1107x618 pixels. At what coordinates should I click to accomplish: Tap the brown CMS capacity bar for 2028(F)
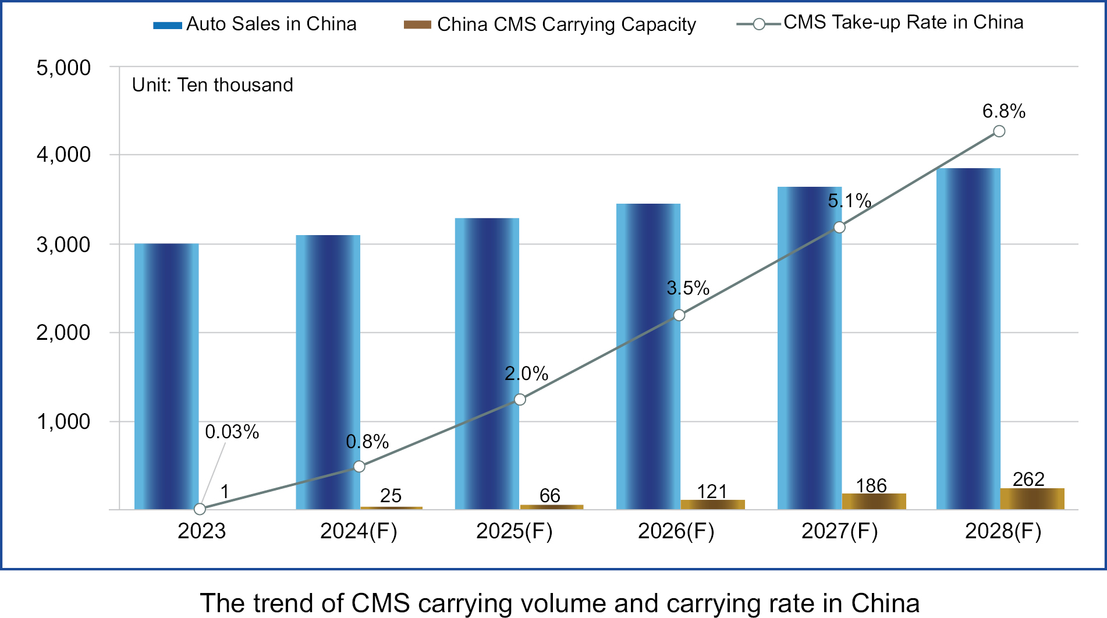coord(1032,499)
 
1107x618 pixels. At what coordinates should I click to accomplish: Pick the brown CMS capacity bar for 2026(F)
coord(712,505)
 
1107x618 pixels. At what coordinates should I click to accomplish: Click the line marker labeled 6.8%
coord(999,131)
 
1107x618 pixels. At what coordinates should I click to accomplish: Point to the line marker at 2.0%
coord(520,399)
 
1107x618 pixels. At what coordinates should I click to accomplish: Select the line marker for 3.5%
coord(679,315)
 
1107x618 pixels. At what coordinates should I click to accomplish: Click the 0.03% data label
coord(232,432)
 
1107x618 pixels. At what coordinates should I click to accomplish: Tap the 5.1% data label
coord(849,201)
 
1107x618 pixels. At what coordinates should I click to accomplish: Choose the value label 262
coord(1028,480)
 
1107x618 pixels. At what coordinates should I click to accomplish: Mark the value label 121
coord(712,492)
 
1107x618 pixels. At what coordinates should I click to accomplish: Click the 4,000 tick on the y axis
coord(63,155)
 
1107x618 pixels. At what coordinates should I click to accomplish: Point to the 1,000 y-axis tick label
coord(63,421)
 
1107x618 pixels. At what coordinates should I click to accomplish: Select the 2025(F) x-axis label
coord(514,531)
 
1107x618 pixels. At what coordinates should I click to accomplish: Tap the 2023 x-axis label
coord(201,531)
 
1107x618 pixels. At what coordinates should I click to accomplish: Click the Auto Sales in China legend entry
coord(255,24)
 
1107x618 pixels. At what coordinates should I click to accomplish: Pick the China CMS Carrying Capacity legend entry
coord(549,24)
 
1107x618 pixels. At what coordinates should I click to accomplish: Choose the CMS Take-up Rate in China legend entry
coord(880,23)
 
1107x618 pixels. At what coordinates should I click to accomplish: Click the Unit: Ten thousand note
coord(212,85)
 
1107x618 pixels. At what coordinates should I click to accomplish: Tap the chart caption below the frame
coord(559,603)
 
